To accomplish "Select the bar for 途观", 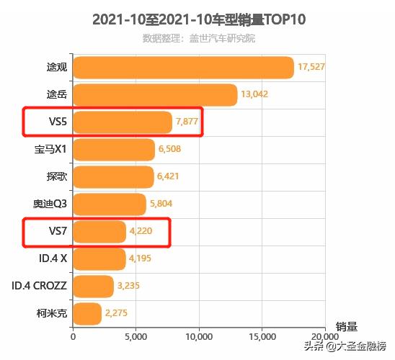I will click(183, 68).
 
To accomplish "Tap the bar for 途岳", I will click(155, 95).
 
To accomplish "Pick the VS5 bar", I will click(123, 122).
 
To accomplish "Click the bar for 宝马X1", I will click(114, 150).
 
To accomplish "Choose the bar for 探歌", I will click(113, 177).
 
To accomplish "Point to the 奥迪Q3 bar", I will click(110, 204).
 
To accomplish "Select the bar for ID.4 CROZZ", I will click(93, 287).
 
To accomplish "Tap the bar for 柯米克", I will click(87, 314).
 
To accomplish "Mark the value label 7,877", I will click(187, 122).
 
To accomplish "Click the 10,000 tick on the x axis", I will click(199, 336).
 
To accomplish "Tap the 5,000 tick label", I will click(136, 336).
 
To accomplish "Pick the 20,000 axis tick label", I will click(325, 336).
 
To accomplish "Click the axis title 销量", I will click(346, 326).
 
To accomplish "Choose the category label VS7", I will click(58, 232).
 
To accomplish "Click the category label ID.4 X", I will click(53, 259).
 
